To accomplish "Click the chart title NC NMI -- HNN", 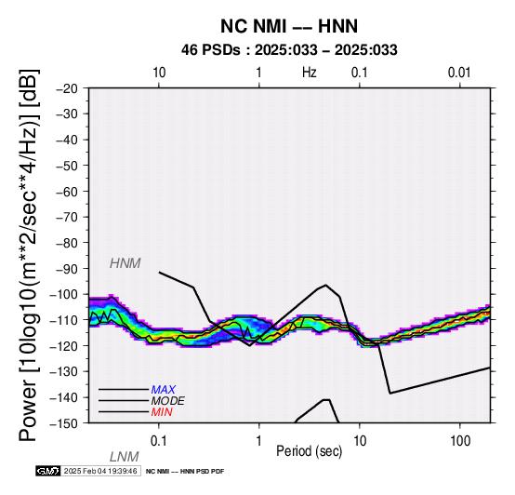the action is point(289,26).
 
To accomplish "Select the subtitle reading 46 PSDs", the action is point(210,50).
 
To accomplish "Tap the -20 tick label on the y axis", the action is point(67,88).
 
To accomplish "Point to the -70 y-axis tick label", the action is point(67,217).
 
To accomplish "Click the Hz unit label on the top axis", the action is point(309,73).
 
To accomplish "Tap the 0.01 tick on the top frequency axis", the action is point(459,73).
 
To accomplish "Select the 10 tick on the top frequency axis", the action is point(159,73).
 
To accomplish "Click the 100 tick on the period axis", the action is point(460,441).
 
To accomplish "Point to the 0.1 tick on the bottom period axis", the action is point(159,441).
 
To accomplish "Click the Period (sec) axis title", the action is point(309,451).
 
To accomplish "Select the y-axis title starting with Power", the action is point(28,255).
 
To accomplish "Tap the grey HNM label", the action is point(125,263).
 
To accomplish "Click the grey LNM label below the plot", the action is point(125,457).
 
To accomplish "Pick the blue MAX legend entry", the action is point(164,390).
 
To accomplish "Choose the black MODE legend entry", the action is point(168,401).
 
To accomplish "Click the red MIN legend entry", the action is point(162,412).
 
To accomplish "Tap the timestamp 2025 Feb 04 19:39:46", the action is point(100,471).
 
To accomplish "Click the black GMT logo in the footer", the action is point(48,471).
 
